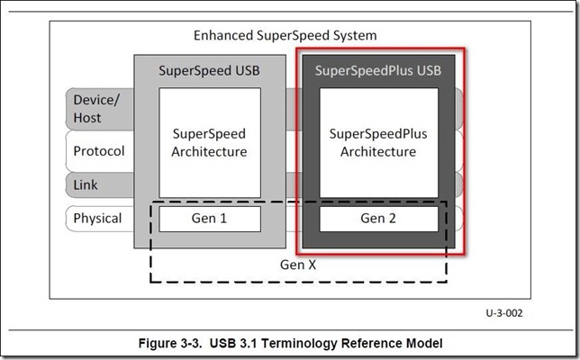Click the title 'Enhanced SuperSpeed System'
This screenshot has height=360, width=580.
tap(285, 36)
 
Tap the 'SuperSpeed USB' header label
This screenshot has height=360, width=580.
tap(209, 70)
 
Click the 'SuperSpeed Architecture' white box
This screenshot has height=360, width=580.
tap(209, 142)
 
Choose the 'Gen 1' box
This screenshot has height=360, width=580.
tap(209, 219)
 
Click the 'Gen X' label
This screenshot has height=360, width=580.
tap(298, 265)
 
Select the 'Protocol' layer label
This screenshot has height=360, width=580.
tap(97, 151)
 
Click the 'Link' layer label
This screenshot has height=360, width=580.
tap(86, 185)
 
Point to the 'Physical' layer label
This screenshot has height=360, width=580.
tap(96, 218)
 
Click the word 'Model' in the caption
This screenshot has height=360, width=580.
tap(422, 343)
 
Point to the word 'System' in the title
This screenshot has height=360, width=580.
tap(354, 36)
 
